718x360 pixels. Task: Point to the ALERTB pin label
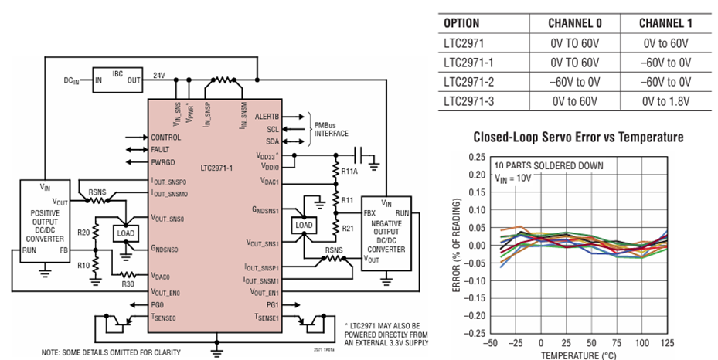267,117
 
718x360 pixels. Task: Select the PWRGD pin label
165,164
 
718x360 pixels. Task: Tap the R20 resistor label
84,232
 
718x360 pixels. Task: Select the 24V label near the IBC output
159,76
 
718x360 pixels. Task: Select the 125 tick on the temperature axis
667,342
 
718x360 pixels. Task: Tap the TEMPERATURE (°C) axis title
578,355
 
